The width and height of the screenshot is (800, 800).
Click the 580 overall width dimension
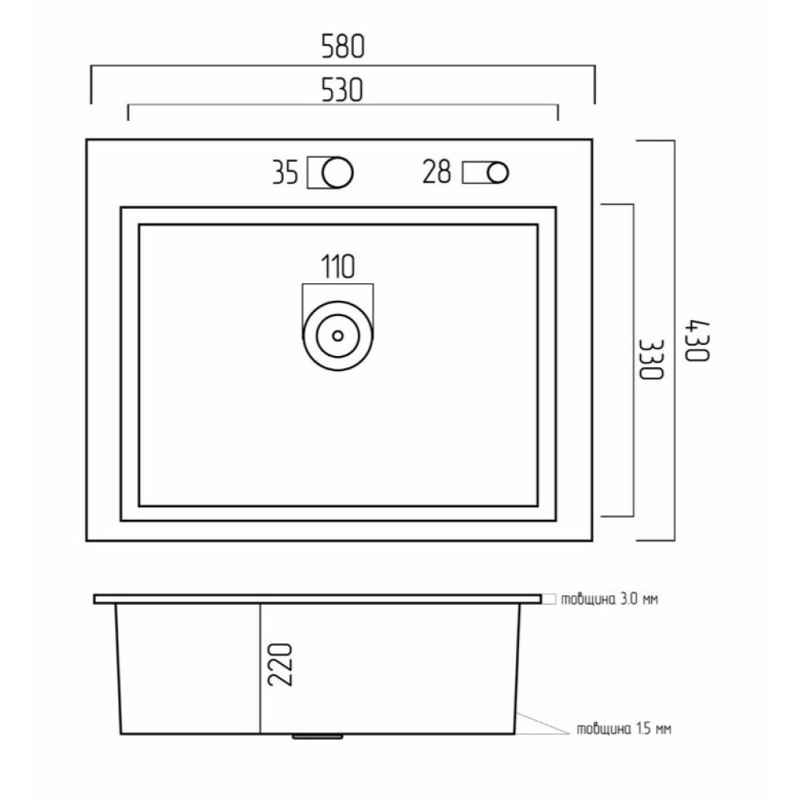(343, 46)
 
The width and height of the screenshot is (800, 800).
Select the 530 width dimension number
(342, 90)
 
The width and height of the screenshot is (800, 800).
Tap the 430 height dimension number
(697, 341)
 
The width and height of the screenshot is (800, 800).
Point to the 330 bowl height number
(651, 359)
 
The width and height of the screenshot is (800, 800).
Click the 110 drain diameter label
(338, 266)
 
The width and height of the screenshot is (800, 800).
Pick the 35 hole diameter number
(285, 173)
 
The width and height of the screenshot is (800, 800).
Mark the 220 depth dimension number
(281, 665)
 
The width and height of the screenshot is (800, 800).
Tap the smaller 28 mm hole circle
(498, 163)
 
